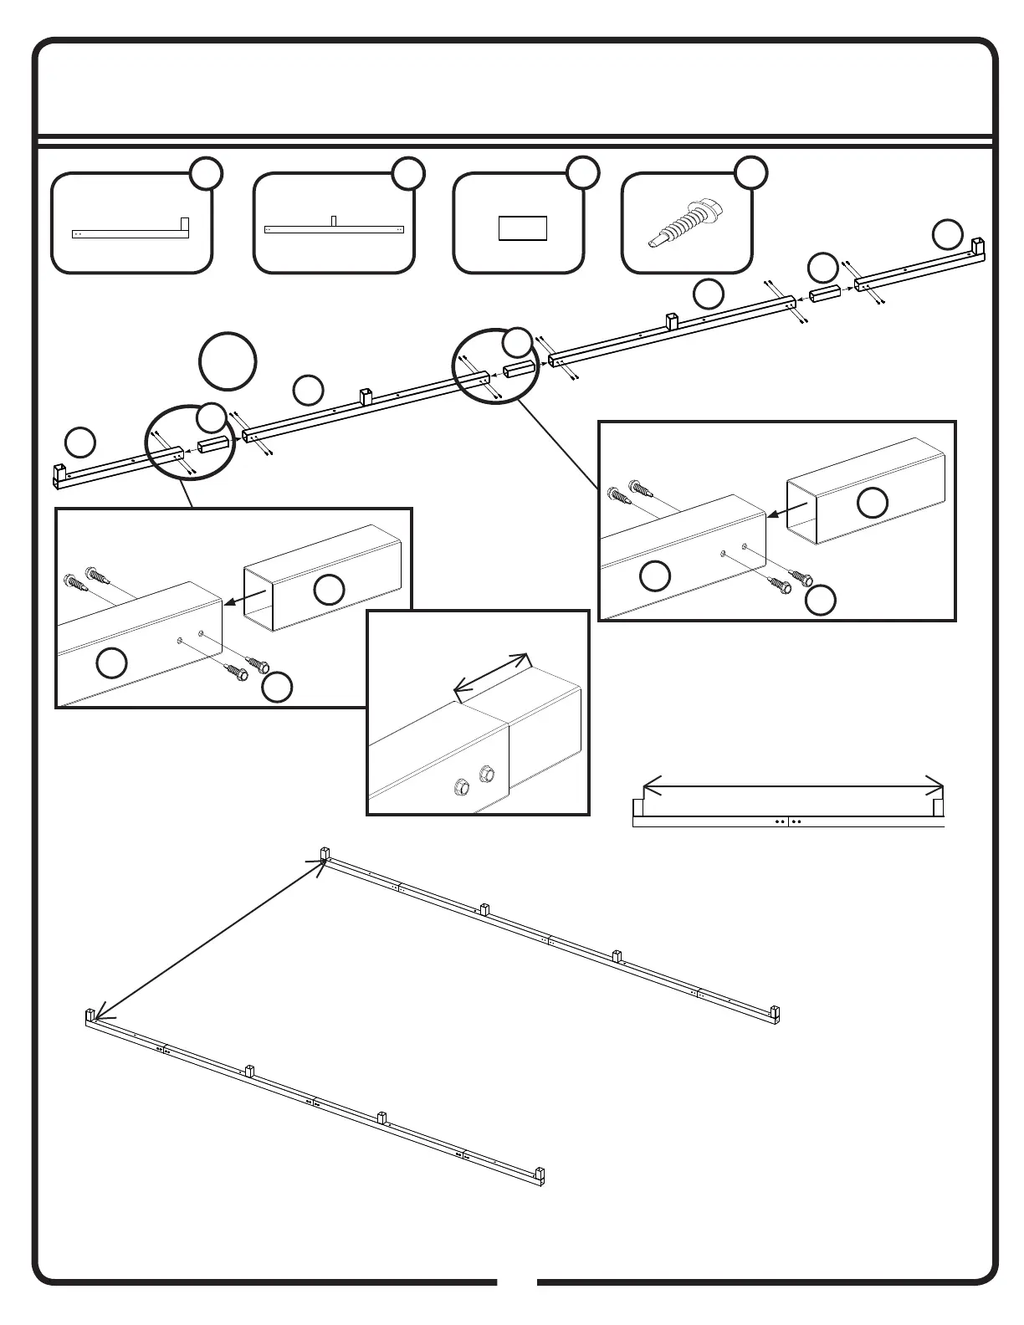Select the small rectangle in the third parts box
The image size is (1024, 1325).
point(523,228)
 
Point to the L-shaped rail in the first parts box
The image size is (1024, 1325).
point(131,233)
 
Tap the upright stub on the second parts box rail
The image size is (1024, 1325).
point(334,220)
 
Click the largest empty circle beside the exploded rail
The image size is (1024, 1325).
point(228,361)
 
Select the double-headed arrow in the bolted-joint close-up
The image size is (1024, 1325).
point(491,674)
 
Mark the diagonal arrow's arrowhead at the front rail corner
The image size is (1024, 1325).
point(97,1013)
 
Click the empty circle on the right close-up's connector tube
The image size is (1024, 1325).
point(873,502)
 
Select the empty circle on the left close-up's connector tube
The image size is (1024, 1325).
point(329,590)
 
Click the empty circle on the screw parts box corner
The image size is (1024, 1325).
point(750,172)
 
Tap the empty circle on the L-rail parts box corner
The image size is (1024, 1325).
point(206,173)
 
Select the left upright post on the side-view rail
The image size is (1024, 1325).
point(637,807)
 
